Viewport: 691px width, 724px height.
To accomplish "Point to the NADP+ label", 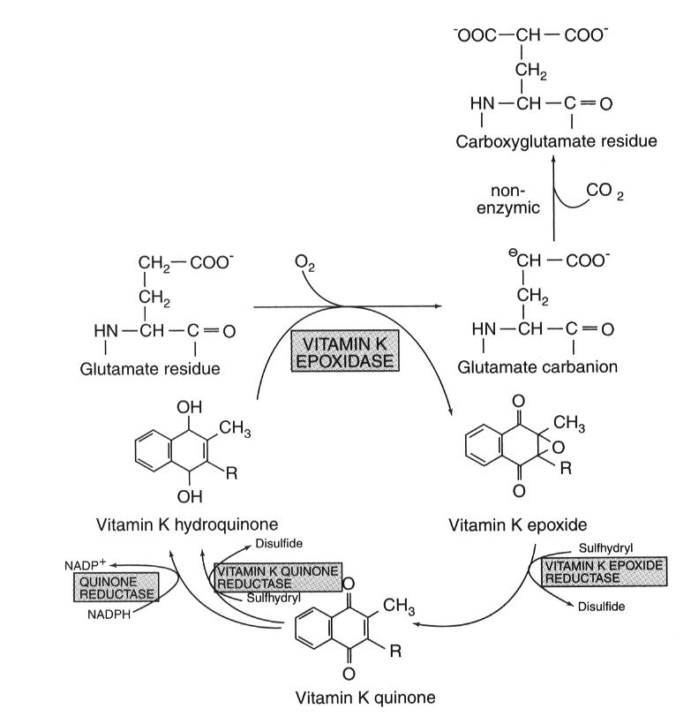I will [x=69, y=562].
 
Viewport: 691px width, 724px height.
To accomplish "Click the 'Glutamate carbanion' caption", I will [x=537, y=367].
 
